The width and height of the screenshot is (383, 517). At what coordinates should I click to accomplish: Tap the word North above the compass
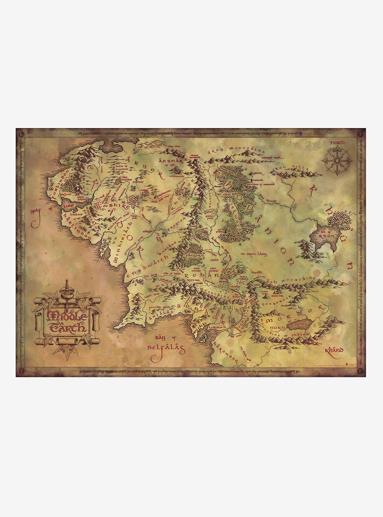coord(338,142)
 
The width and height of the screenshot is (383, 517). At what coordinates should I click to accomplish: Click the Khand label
coord(334,351)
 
